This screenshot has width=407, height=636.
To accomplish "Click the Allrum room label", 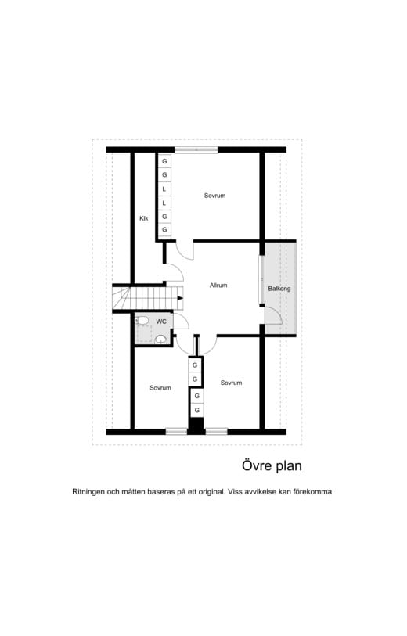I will pos(218,286).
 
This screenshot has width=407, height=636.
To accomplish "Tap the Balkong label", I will pos(279,289).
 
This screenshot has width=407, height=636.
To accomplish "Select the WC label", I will pos(161,322).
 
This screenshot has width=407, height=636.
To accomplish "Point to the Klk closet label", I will pos(144,218).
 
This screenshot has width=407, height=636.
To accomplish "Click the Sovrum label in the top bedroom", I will pos(214,196).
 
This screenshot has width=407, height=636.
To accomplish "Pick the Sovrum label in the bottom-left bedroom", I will pos(160,388).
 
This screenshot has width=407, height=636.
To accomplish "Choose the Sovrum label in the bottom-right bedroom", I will pos(231,383).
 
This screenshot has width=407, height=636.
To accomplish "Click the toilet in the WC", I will pos(142,320).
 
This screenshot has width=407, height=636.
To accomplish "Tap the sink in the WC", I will pos(160,339).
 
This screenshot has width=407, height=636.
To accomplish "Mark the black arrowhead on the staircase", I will pos(181,298).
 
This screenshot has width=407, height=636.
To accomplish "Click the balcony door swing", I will pos(272,314).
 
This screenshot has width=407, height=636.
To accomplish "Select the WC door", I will pos(181,322).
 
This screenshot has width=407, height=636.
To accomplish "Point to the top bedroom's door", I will pos(184,250).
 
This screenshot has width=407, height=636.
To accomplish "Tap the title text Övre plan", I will pos(271,465).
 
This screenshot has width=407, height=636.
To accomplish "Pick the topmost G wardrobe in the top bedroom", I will pos(164,161).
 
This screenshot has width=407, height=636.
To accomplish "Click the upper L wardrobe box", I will pos(164,189).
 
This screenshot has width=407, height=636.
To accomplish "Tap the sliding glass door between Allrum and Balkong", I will pos(261,278).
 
